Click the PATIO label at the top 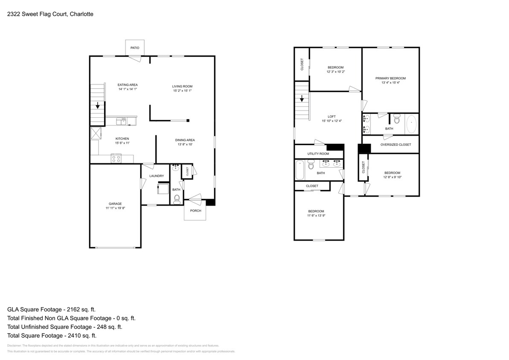click(135, 48)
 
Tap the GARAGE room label click(115, 203)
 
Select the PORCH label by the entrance click(195, 211)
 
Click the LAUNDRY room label click(157, 176)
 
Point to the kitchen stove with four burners click(116, 158)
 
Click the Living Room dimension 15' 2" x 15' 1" click(182, 91)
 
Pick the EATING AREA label click(128, 84)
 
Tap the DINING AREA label click(185, 140)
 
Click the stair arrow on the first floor click(98, 105)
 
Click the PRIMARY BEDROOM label click(390, 78)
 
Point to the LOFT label click(332, 116)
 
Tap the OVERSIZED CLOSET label click(396, 145)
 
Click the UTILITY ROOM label click(318, 154)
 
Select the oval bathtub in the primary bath click(412, 124)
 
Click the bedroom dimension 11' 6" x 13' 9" click(316, 216)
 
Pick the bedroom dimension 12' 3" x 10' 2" click(335, 72)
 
